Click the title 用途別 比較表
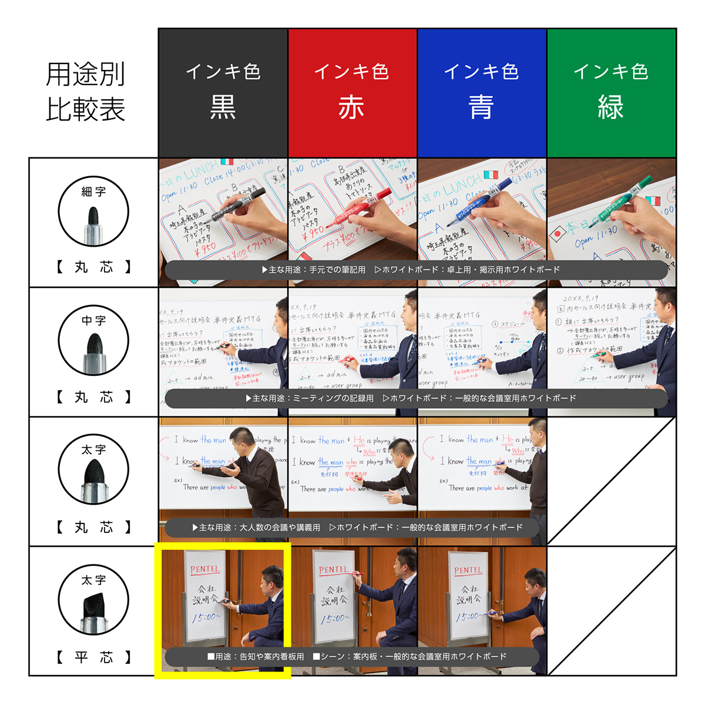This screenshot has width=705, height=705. click(x=86, y=92)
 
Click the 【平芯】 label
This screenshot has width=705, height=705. click(x=93, y=657)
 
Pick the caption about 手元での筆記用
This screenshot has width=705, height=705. click(x=411, y=270)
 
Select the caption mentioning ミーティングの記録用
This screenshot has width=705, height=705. click(x=411, y=398)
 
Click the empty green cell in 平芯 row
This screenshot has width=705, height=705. click(x=611, y=611)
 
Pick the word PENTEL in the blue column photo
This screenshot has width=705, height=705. click(x=468, y=570)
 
